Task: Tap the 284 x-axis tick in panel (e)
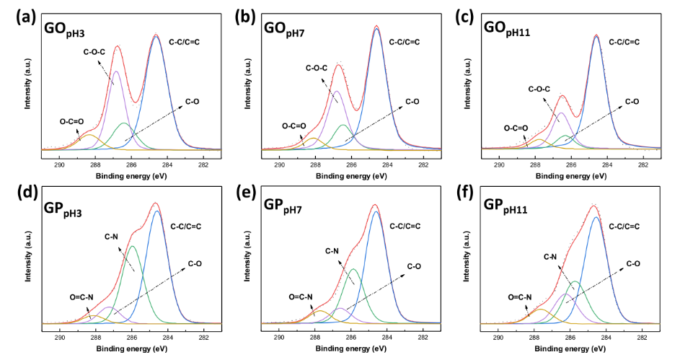point(387,336)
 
